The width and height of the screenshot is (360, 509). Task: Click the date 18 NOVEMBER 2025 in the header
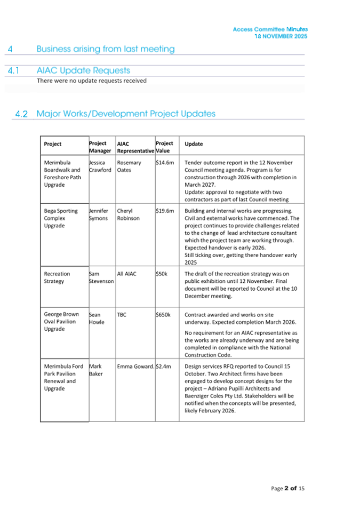point(281,36)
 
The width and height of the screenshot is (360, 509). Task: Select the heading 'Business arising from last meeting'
point(105,49)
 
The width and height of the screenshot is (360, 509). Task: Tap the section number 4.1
point(14,70)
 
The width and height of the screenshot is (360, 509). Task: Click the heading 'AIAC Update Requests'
point(83,70)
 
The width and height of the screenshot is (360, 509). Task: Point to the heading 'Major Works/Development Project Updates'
point(126,114)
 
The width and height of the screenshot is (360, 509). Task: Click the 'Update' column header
point(194,144)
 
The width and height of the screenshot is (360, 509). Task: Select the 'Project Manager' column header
point(98,147)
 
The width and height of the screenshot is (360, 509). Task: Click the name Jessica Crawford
point(100,166)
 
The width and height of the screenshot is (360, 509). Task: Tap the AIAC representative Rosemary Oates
point(129,166)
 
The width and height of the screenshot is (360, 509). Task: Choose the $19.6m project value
point(165,211)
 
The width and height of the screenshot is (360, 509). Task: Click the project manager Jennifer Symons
point(100,214)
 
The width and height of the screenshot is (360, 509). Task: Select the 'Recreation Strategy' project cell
point(57,277)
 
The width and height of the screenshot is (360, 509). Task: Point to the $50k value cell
point(162,274)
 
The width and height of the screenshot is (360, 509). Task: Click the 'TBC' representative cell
point(122,315)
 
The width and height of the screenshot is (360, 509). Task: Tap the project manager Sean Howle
point(97,318)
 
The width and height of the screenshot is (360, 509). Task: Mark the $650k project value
point(163,315)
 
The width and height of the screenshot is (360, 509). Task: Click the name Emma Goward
point(135,367)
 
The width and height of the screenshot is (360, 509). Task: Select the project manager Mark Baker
point(96,370)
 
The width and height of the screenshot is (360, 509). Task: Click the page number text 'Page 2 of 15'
point(287,488)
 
